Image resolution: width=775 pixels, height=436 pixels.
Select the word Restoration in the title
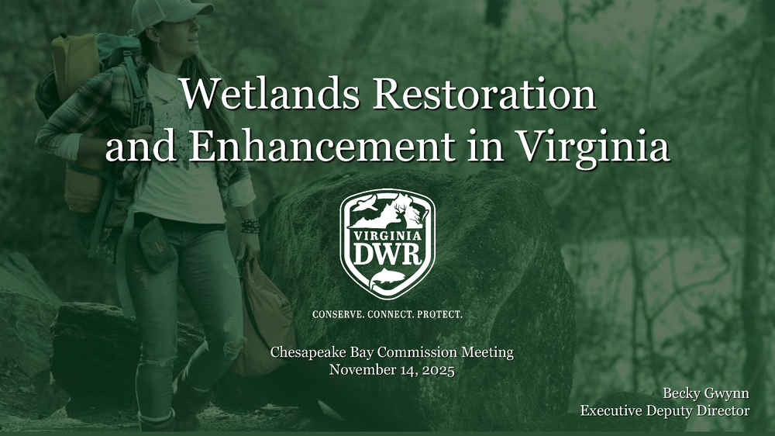tap(484, 94)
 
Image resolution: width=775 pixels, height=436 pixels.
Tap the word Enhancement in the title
tap(322, 146)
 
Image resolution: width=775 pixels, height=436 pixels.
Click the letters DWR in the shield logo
tap(387, 254)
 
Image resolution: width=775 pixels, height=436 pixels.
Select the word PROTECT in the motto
tap(440, 314)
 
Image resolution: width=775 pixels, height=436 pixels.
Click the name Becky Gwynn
tap(706, 394)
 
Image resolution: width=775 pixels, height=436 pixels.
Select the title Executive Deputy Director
tap(665, 410)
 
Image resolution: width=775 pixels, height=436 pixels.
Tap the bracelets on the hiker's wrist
tap(250, 226)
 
